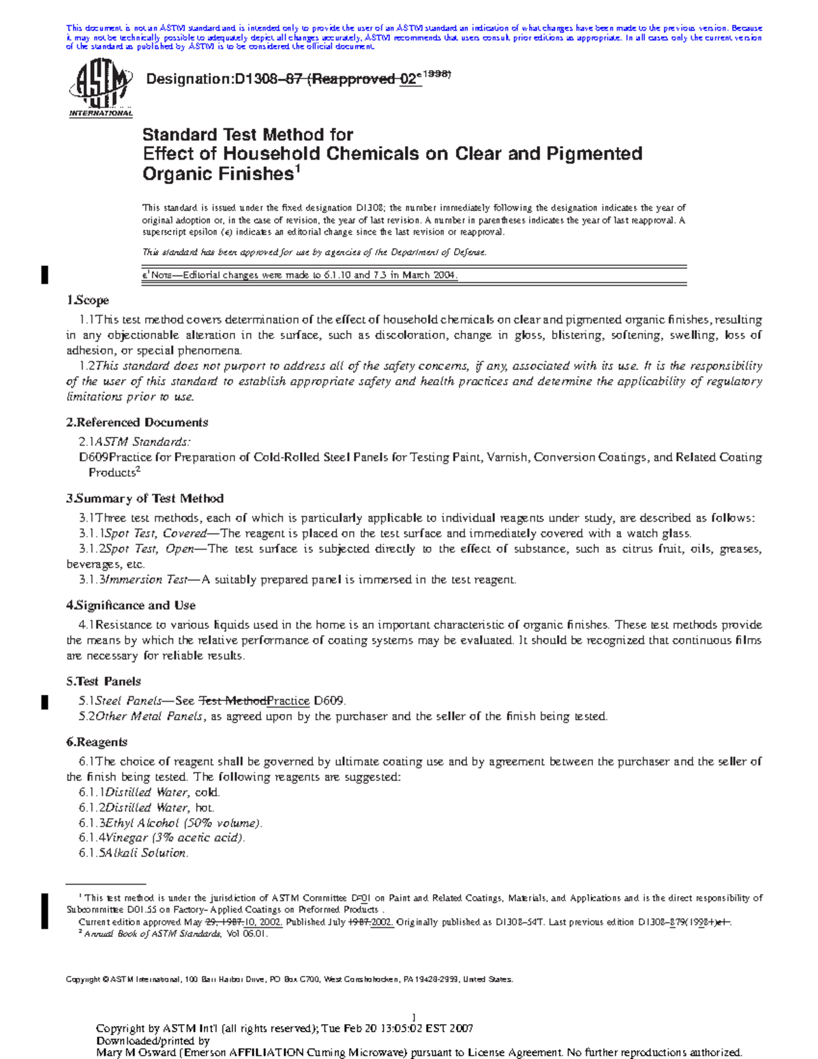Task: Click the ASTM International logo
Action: [x=100, y=88]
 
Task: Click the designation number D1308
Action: [x=259, y=79]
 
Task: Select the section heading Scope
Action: [x=91, y=300]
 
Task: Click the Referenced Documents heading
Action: [x=142, y=422]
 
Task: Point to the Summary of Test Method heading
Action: [x=149, y=498]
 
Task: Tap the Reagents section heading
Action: [x=102, y=742]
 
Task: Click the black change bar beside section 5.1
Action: [x=45, y=702]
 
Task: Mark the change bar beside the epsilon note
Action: [x=45, y=275]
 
